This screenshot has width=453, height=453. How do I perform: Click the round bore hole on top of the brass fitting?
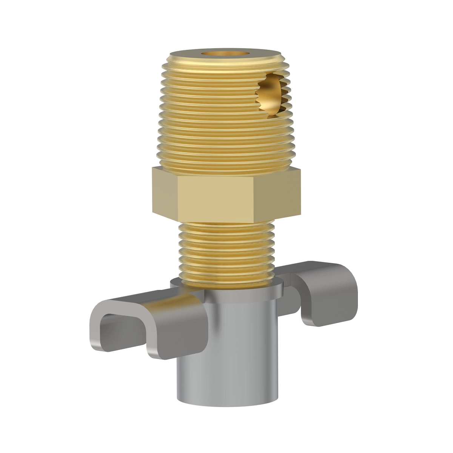click(x=226, y=53)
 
